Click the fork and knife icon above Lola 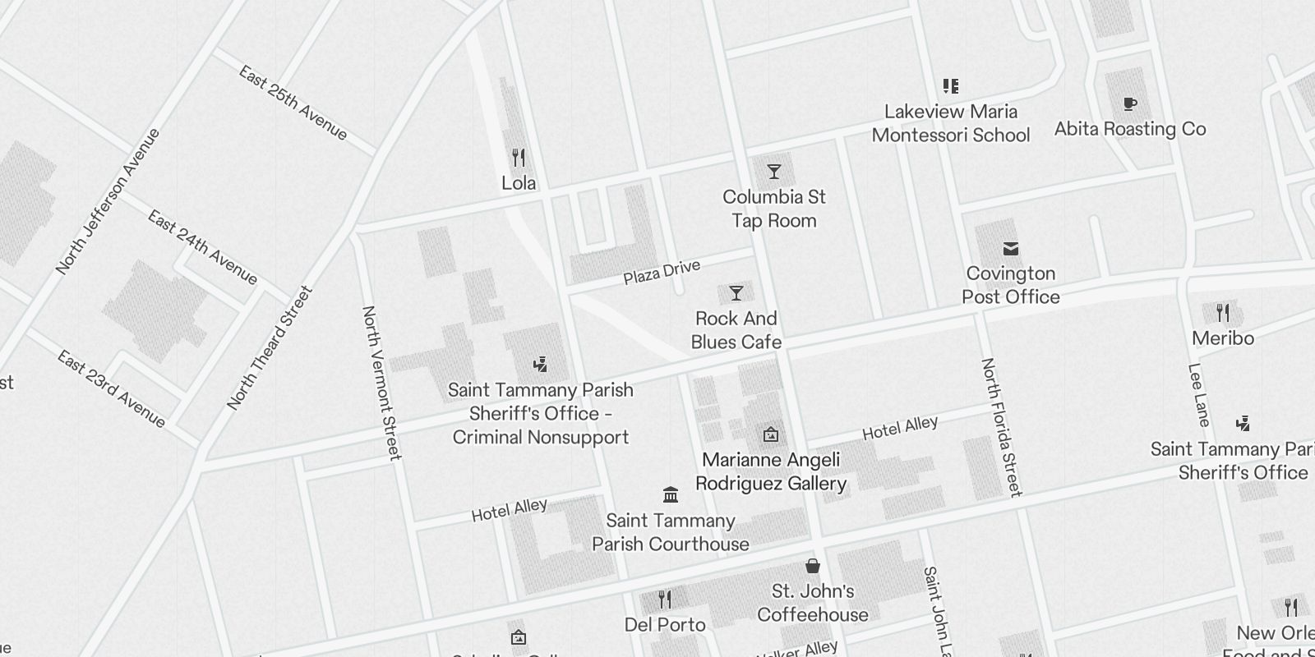518,157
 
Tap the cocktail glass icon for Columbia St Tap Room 773,172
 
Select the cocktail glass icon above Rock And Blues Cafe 736,293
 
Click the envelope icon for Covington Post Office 1011,248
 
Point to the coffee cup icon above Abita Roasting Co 1130,103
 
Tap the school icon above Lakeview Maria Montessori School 951,86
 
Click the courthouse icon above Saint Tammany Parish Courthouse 671,494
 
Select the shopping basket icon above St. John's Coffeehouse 812,566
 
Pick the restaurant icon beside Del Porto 665,600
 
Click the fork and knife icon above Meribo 1223,312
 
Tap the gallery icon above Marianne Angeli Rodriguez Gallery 770,434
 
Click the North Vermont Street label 382,383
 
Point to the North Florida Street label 1002,427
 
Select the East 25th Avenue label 293,103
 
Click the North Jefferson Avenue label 108,201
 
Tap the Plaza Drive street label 662,272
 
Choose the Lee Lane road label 1199,395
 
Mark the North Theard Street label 270,347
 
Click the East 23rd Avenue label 111,389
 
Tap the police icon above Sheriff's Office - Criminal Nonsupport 540,365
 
